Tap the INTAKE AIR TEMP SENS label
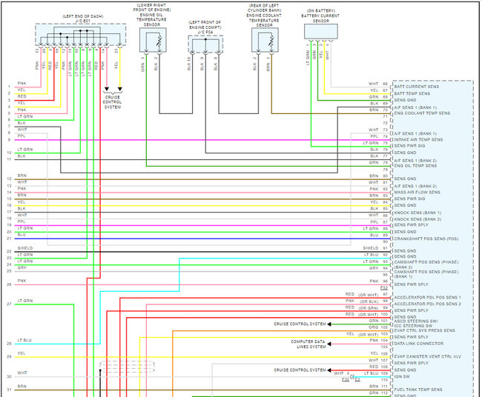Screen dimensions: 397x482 [x=419, y=139]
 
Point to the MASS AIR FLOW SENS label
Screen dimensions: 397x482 [x=418, y=193]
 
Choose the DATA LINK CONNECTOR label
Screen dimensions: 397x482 [x=420, y=344]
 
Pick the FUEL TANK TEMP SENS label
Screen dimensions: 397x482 [x=418, y=389]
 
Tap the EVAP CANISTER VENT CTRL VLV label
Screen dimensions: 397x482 [x=427, y=357]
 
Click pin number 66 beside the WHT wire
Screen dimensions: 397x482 [x=385, y=84]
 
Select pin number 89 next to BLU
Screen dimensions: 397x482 [x=385, y=235]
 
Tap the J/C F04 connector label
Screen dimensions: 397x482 [x=205, y=33]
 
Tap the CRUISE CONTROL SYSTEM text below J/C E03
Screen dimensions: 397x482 [x=113, y=101]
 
